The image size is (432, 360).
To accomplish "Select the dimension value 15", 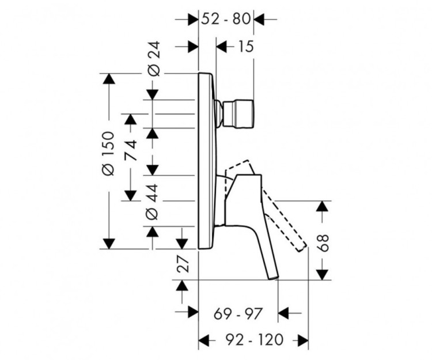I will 244,47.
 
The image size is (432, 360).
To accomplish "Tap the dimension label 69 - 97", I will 238,314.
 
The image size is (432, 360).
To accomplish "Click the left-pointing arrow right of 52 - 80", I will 259,19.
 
